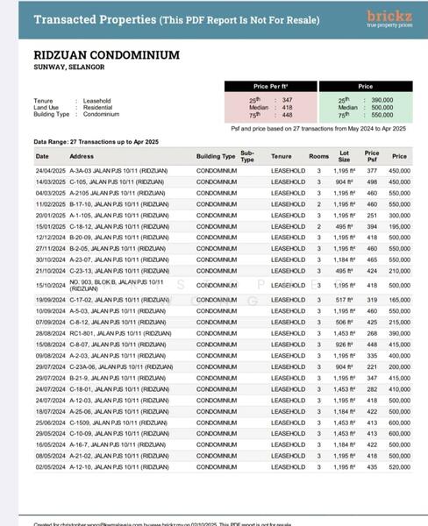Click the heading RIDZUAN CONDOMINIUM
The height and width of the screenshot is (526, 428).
coord(107,55)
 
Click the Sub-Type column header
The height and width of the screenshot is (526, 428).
coord(247,156)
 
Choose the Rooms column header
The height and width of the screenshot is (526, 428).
coord(318,156)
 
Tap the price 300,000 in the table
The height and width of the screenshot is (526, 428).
coord(399,215)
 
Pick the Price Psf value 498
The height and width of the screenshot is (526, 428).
coord(372,181)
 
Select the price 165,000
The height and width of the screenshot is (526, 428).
coord(399,300)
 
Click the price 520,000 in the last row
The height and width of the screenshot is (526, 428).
coord(399,467)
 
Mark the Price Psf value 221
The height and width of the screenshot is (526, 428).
coord(372,367)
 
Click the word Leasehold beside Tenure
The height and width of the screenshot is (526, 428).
coord(97,101)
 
